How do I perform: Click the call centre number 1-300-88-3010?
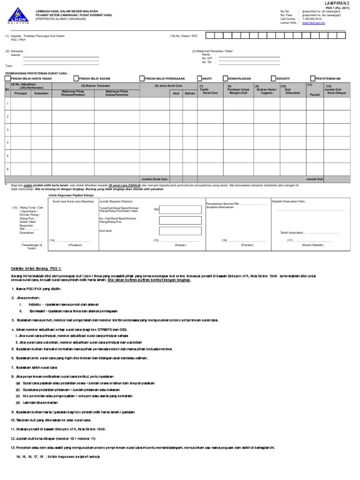pos(313,19)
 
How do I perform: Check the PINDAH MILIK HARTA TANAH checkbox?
pos(7,79)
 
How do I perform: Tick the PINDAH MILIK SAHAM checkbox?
pos(75,79)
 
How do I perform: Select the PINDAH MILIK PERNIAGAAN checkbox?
pos(142,79)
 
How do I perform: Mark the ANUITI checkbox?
pos(199,79)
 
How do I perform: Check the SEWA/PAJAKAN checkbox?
pos(225,79)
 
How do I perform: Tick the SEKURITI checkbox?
pos(273,79)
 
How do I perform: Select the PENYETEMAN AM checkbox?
pos(313,79)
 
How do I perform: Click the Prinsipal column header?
pos(21,93)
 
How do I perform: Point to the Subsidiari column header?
pos(42,93)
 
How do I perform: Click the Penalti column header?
pos(315,95)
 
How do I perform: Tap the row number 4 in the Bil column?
pos(7,142)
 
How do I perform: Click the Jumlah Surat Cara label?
pos(155,179)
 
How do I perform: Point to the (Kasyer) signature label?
pos(180,245)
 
